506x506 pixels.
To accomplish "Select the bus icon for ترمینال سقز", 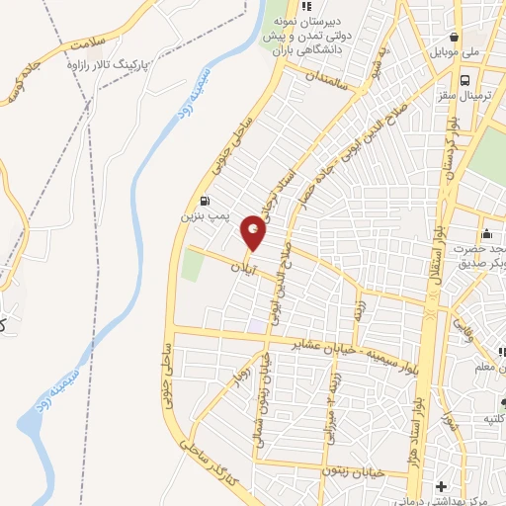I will (464, 81).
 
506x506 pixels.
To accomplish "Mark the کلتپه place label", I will (493, 418).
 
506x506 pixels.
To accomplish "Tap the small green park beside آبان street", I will (192, 265).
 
